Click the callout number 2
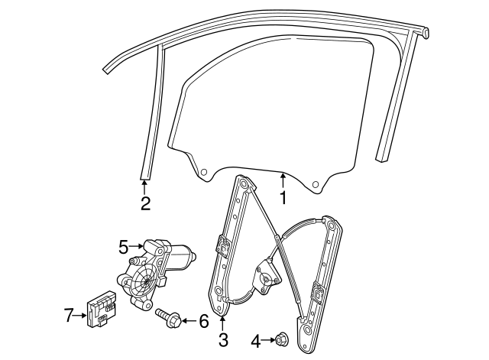tap(145, 203)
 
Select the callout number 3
tap(223, 338)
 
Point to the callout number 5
tap(124, 246)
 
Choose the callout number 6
tap(203, 321)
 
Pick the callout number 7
tap(68, 313)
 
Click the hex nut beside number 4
tap(280, 339)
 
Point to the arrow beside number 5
tap(137, 246)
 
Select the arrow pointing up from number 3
tap(223, 321)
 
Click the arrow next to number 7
tap(81, 313)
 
